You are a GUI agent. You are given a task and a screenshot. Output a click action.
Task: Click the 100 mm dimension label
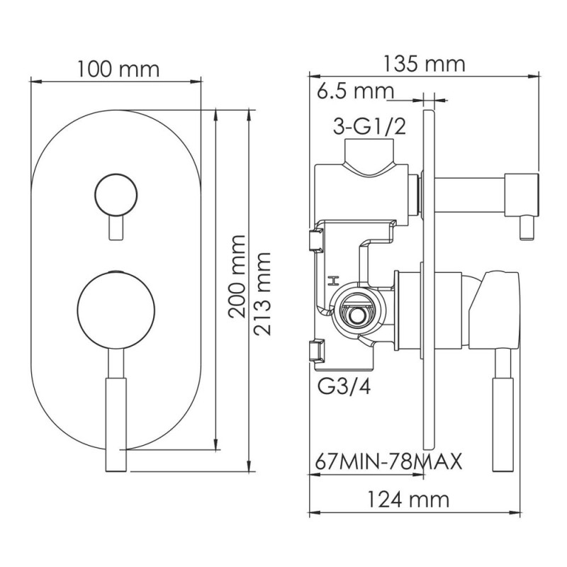[119, 69]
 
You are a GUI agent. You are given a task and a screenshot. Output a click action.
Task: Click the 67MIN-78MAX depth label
[387, 462]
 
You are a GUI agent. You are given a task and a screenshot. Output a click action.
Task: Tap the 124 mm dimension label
[409, 499]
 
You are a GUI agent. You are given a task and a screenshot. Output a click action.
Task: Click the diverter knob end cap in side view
[522, 196]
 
